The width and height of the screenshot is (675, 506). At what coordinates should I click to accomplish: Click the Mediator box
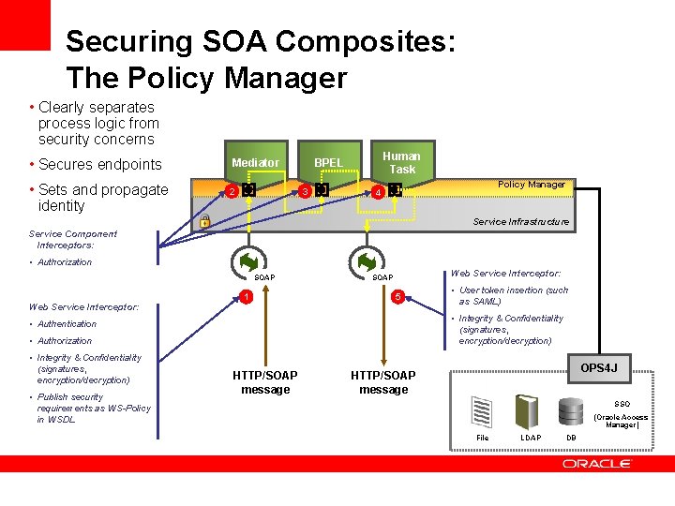[x=255, y=163]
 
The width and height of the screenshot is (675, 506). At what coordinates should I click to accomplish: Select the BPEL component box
[x=328, y=163]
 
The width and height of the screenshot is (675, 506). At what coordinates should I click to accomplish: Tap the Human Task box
[x=402, y=162]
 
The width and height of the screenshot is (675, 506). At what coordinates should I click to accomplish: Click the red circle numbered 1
[x=245, y=298]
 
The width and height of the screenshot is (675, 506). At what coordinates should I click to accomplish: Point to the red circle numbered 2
[x=232, y=192]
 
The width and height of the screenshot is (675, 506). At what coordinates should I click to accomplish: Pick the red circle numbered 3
[x=306, y=192]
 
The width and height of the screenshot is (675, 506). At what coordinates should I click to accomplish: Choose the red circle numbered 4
[x=378, y=192]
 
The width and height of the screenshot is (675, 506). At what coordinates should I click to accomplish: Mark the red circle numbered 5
[x=397, y=298]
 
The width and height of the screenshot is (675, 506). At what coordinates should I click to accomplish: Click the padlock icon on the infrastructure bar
[x=204, y=222]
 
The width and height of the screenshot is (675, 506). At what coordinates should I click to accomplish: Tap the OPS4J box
[x=598, y=367]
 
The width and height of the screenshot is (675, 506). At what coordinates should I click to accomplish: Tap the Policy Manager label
[x=532, y=185]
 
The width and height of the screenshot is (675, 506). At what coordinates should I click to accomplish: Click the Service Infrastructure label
[x=520, y=222]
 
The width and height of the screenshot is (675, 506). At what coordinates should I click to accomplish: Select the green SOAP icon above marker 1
[x=249, y=260]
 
